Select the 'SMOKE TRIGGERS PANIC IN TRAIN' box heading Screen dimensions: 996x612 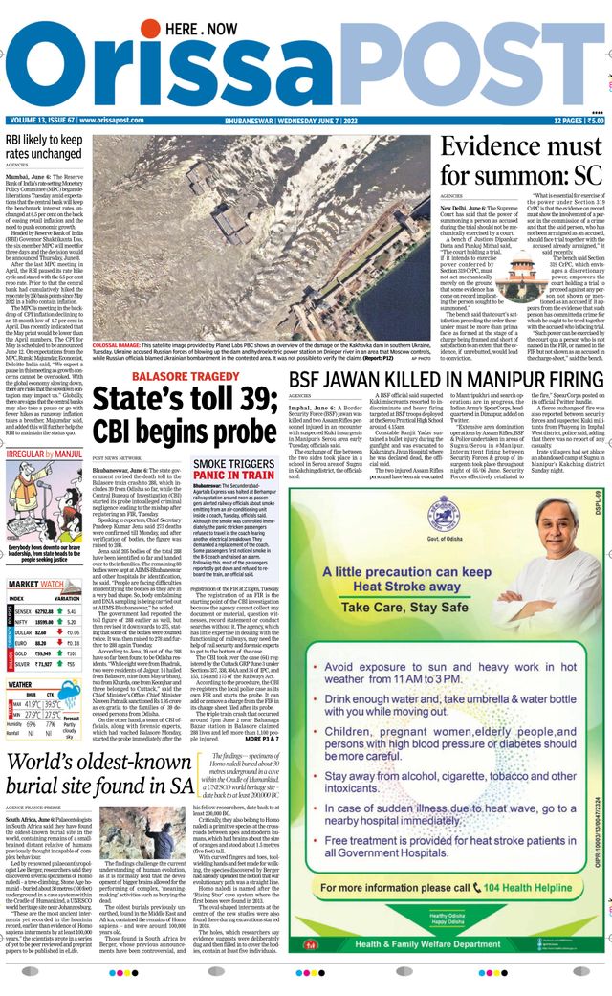coord(234,470)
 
